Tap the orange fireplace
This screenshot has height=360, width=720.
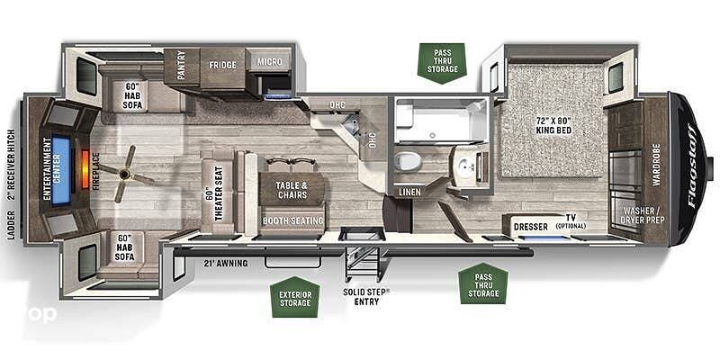[x=86, y=167]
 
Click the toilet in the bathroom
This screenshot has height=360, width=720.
[x=407, y=162]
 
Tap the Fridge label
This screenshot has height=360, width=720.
[x=223, y=65]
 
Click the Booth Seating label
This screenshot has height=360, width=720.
[x=292, y=220]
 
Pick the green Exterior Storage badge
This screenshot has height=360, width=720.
[x=294, y=297]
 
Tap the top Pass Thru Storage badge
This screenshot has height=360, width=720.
[x=443, y=62]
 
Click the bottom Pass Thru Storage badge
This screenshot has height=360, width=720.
[x=483, y=283]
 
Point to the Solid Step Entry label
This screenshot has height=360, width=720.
[x=365, y=296]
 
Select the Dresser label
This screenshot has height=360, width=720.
[x=531, y=226]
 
